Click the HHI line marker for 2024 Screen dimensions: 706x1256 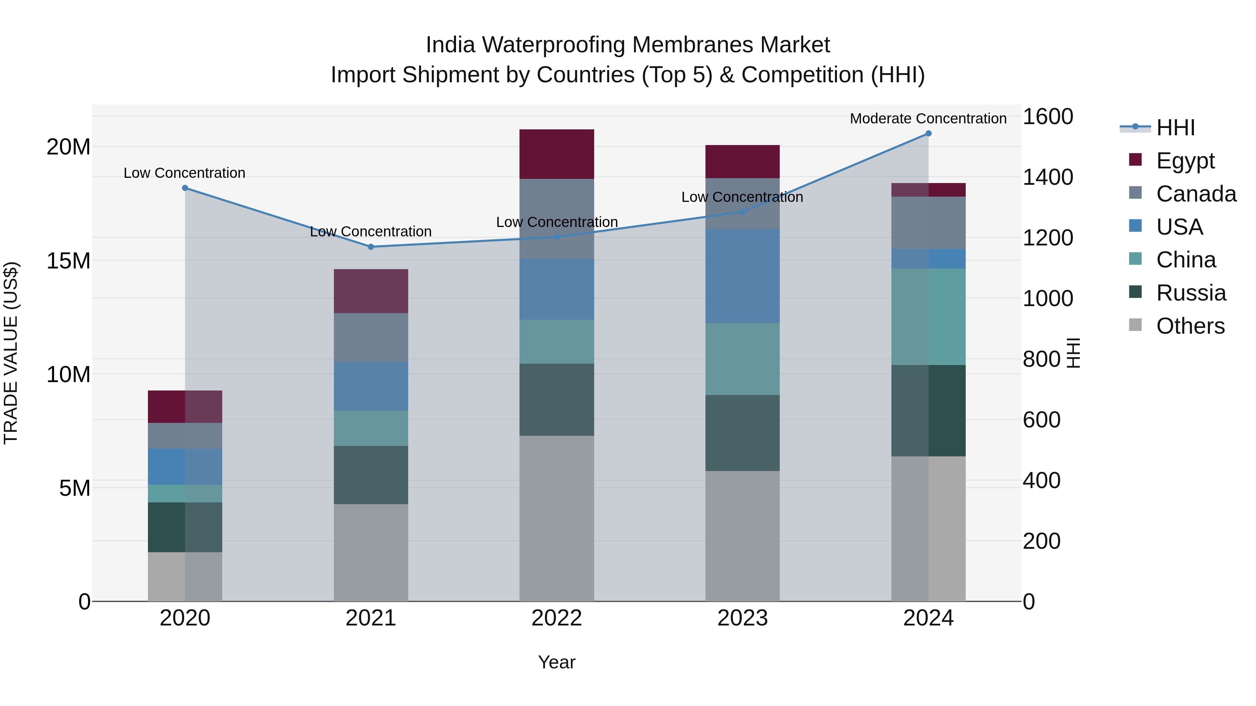928,134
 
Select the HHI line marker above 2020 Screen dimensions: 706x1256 185,188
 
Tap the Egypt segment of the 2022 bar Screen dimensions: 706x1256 556,154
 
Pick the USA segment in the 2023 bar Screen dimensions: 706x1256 742,276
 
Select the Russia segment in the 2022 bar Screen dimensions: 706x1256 556,400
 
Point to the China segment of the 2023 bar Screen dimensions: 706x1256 742,359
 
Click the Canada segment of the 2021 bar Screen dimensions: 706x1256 371,337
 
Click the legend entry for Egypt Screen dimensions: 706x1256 1185,160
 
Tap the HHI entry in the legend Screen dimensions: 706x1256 1175,128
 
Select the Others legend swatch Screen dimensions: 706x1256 1136,325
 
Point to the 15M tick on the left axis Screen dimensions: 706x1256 68,261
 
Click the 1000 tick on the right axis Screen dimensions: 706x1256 1048,298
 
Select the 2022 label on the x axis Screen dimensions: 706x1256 556,618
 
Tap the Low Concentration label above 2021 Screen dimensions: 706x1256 371,231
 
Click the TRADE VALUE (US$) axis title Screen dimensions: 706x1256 11,353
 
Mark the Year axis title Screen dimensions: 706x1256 556,662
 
